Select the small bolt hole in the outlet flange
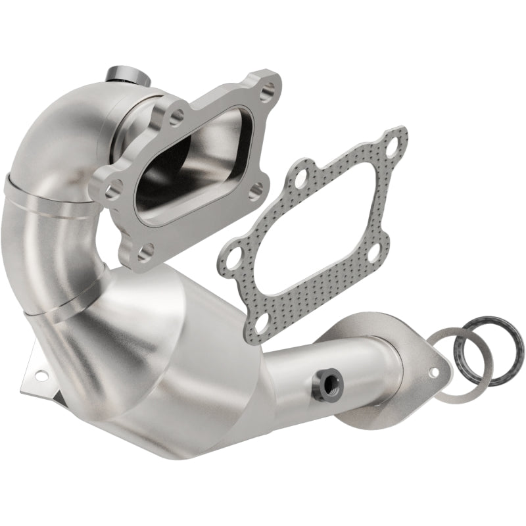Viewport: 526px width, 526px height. [x=434, y=372]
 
